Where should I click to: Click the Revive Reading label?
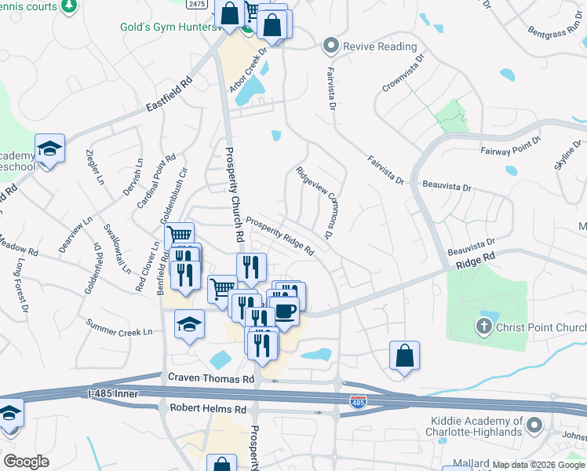(x=380, y=46)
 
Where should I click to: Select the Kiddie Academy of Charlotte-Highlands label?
(x=474, y=426)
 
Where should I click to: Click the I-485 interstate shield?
(x=358, y=402)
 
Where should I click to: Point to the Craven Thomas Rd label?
(x=212, y=378)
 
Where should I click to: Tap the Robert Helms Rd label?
(x=208, y=409)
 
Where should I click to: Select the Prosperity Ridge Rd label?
(x=280, y=236)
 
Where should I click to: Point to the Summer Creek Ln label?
(x=118, y=327)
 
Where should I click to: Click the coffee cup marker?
(x=284, y=309)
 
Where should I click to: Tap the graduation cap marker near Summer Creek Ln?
(x=189, y=323)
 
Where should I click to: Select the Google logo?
(x=26, y=462)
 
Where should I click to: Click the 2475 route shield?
(x=198, y=5)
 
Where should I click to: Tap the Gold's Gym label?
(x=167, y=27)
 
